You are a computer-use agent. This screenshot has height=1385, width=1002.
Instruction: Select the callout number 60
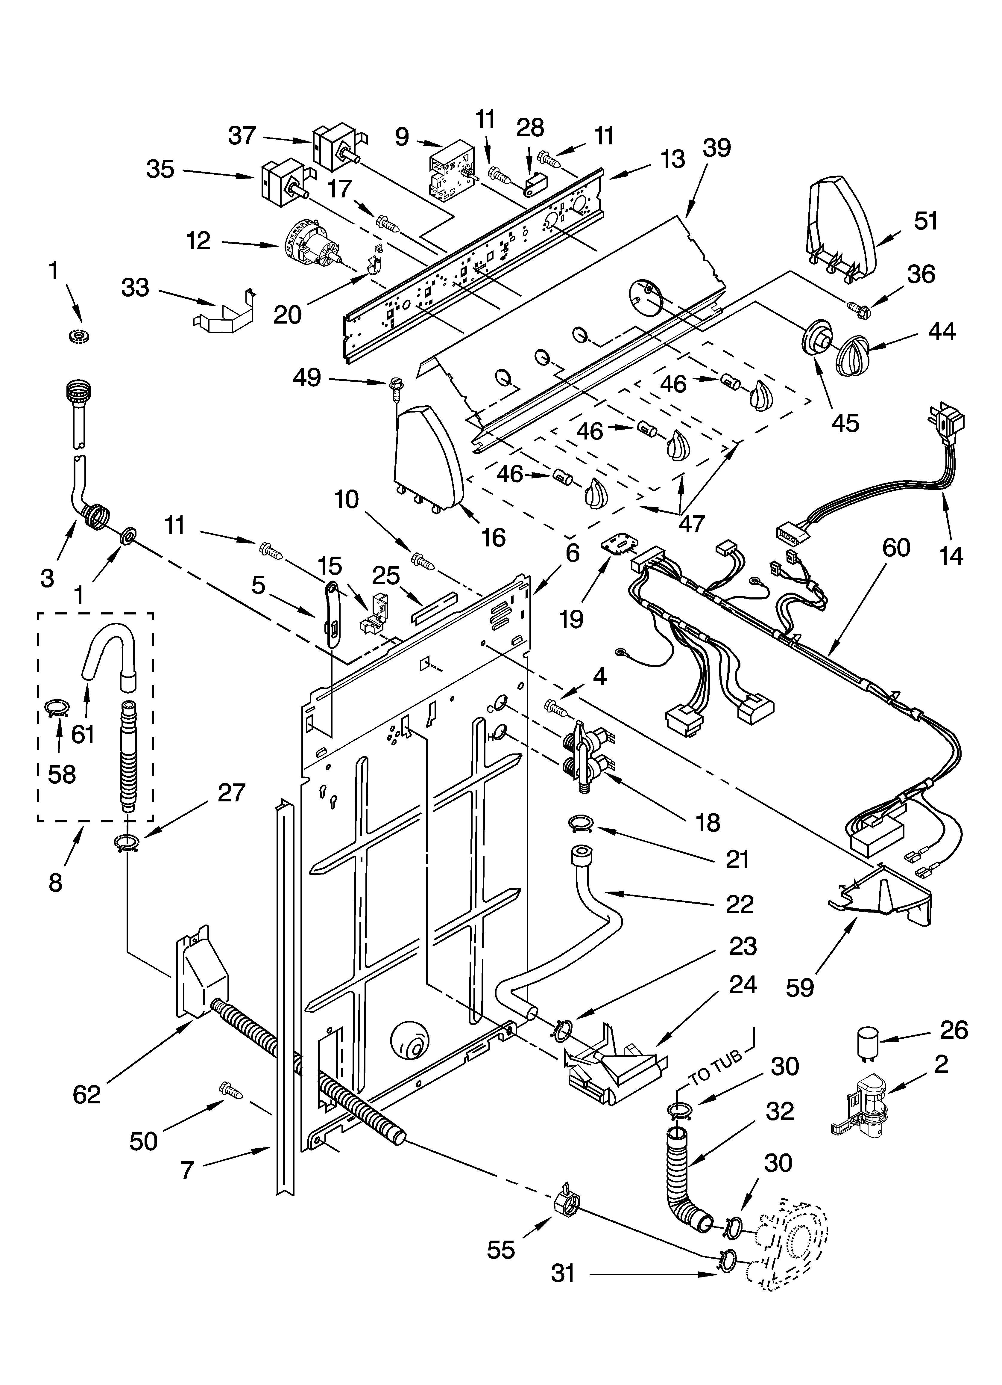(895, 548)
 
